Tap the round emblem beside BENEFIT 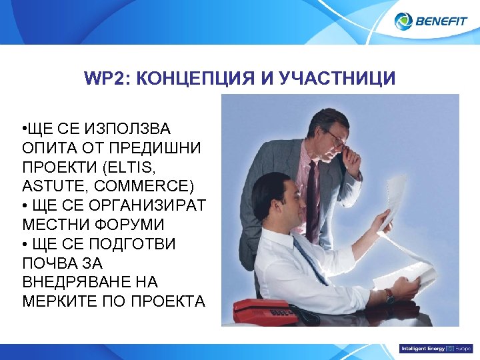(403, 21)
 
